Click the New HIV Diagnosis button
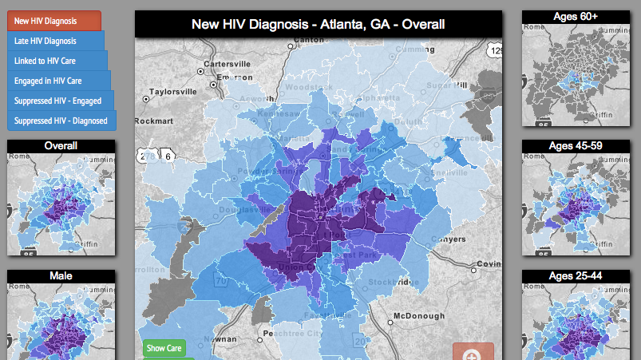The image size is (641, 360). pyautogui.click(x=53, y=20)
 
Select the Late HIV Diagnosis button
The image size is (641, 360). pyautogui.click(x=55, y=41)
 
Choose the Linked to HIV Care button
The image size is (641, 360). pyautogui.click(x=57, y=61)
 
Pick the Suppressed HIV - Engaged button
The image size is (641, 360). pyautogui.click(x=60, y=101)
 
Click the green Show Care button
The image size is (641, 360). pyautogui.click(x=164, y=348)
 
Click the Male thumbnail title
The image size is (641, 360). pyautogui.click(x=61, y=276)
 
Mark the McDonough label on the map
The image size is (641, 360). pyautogui.click(x=418, y=316)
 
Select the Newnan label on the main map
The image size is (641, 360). pyautogui.click(x=224, y=338)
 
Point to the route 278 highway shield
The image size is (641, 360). pyautogui.click(x=145, y=157)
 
